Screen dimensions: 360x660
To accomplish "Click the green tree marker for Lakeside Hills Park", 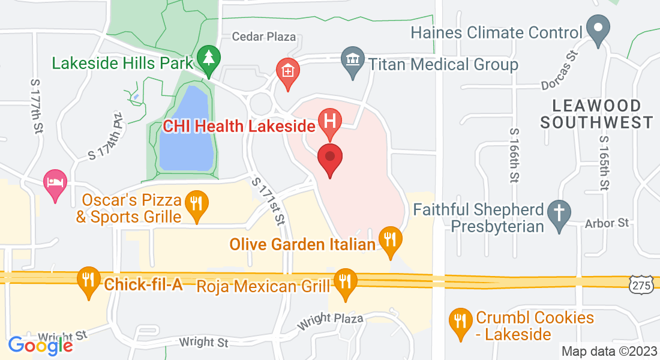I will (x=209, y=59).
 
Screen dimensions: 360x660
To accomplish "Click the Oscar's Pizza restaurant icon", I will (x=196, y=203).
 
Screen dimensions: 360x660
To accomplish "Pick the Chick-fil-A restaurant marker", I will (x=89, y=280).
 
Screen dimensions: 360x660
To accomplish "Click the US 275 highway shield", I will (x=641, y=286).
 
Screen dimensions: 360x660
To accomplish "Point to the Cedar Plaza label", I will (x=264, y=37).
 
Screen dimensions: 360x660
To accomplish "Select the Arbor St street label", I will (x=607, y=223).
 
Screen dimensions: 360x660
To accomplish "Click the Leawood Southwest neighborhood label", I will (x=596, y=114).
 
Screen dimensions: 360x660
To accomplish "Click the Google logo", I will (x=40, y=345).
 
